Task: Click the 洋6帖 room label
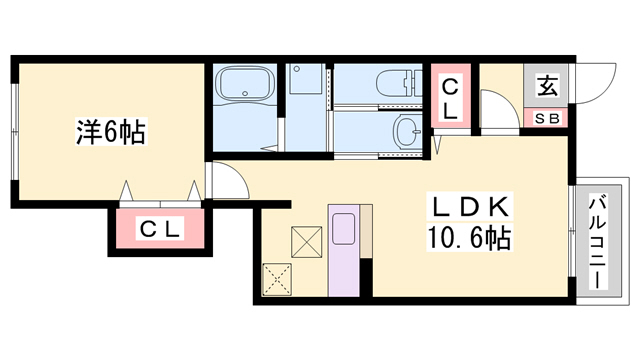(x=111, y=131)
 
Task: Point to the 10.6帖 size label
(x=469, y=237)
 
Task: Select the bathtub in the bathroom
(x=245, y=83)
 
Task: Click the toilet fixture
(x=399, y=84)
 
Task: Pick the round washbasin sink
(x=407, y=131)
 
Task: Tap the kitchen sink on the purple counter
(x=344, y=229)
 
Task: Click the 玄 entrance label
(x=547, y=86)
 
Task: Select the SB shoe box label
(x=547, y=119)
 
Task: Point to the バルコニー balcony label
(x=598, y=242)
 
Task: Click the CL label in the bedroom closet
(x=160, y=229)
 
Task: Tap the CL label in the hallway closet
(x=451, y=99)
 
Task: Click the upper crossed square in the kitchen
(x=306, y=242)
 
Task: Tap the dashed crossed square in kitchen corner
(x=277, y=279)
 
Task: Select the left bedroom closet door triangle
(x=127, y=190)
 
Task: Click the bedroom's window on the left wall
(x=14, y=131)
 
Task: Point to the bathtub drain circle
(x=244, y=93)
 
